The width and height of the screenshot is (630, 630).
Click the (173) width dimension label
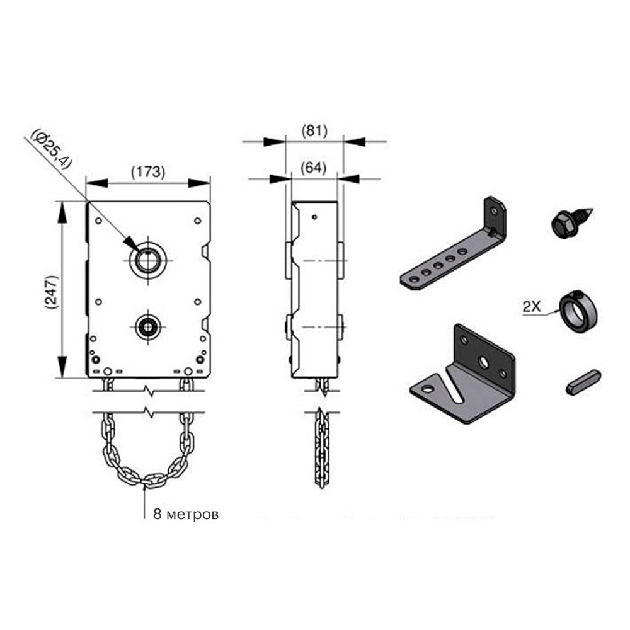(x=147, y=171)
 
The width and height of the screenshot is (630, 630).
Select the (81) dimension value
(x=314, y=130)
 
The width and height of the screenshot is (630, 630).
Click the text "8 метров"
(x=186, y=514)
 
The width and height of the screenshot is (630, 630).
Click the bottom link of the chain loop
(x=146, y=482)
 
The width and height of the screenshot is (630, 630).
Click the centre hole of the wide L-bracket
(x=482, y=362)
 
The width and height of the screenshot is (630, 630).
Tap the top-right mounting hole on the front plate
(x=197, y=220)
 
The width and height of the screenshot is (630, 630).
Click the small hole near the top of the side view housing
(x=314, y=217)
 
